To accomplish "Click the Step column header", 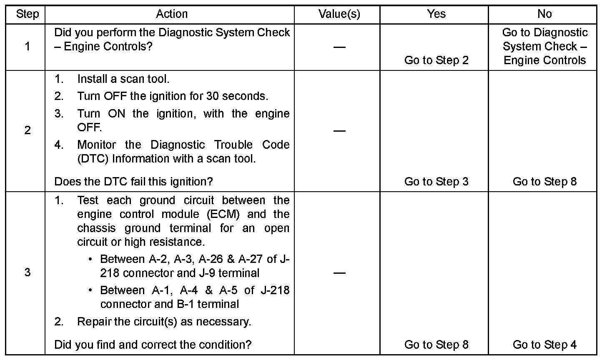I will tap(28, 14).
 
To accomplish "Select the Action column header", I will tap(171, 14).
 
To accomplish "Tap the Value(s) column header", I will tap(339, 14).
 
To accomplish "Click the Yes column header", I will tap(436, 14).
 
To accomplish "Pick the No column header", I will tap(544, 14).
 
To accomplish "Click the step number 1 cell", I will tap(28, 46).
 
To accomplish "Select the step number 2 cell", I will tap(28, 130).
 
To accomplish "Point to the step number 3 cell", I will tap(28, 272).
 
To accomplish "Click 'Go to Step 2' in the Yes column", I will tap(436, 60).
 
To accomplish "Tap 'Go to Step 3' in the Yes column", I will tap(436, 182).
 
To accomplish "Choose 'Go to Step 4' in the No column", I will tap(544, 345).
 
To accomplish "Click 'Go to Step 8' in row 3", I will tap(436, 345).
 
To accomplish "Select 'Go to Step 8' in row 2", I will tap(544, 182).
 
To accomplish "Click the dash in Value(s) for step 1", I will tap(339, 47).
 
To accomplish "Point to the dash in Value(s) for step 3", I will tap(339, 273).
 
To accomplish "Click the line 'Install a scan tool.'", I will tap(123, 79).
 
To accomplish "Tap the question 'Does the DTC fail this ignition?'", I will tap(133, 182).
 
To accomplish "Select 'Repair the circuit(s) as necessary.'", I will tap(164, 322).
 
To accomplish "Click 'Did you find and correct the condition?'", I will tap(153, 345).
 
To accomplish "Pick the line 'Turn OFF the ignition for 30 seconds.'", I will tap(173, 96).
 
